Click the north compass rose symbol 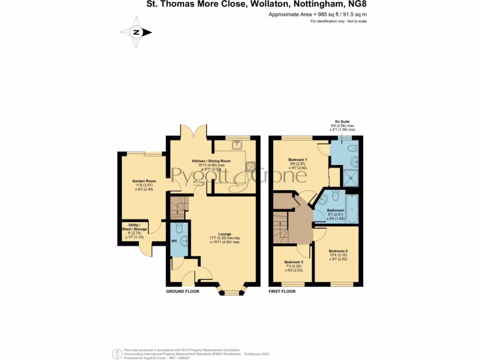point(136,32)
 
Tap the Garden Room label point(144,181)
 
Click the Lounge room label point(225,234)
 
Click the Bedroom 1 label point(298,160)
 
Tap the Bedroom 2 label point(337,251)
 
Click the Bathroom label point(335,210)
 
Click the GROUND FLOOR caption point(183,291)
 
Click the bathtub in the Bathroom point(352,209)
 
